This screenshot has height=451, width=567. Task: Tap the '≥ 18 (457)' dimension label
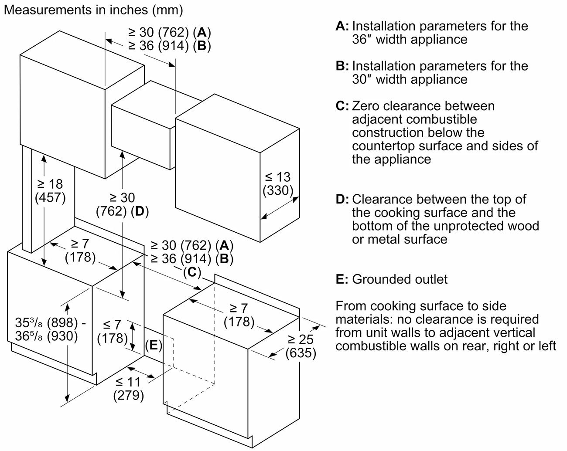click(x=50, y=191)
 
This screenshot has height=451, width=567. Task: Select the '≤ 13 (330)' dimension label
click(x=278, y=183)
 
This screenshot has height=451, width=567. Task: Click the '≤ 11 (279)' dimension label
click(x=128, y=389)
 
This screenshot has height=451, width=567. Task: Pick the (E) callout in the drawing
click(x=154, y=345)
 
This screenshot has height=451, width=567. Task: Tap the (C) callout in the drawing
click(x=191, y=273)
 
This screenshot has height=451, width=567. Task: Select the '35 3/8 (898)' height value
click(x=50, y=323)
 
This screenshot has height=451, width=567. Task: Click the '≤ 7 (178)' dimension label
click(x=112, y=331)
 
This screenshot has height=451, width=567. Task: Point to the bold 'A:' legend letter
click(x=342, y=26)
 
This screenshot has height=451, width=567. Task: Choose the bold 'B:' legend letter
click(x=342, y=66)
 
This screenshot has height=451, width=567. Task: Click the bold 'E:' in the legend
click(x=342, y=279)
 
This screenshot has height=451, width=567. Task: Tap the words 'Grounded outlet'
click(x=400, y=279)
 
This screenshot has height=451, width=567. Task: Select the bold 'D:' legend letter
click(x=342, y=200)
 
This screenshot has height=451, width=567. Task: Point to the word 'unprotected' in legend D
click(x=468, y=226)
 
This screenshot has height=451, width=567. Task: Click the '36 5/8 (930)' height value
click(x=46, y=336)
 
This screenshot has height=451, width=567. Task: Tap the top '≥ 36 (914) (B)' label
click(x=169, y=46)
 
